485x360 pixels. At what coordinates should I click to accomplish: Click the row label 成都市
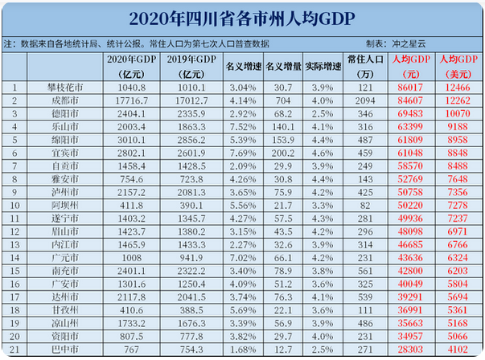tap(65, 100)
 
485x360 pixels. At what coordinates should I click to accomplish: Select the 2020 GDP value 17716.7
tap(125, 100)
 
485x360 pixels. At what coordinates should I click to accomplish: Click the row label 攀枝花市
tap(65, 87)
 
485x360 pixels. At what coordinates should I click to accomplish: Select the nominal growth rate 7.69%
tap(242, 153)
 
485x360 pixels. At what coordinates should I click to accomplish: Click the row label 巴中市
tap(65, 351)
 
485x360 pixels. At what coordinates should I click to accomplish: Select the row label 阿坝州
tap(65, 206)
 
